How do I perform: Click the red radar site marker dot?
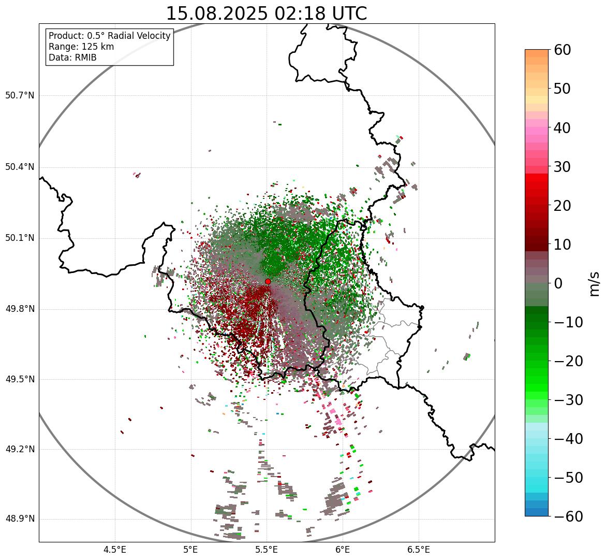pos(268,281)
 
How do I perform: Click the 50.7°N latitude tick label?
pos(20,96)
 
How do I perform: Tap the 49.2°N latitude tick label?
pos(20,449)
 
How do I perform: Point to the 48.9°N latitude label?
pos(20,519)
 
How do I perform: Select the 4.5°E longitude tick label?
pos(115,550)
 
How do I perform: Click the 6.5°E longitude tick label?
pos(419,550)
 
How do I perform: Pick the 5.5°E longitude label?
pos(267,550)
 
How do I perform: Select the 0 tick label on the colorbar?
pos(558,283)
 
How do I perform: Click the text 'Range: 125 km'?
pos(81,47)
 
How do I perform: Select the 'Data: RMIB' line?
pos(72,58)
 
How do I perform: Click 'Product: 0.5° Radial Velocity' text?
pos(109,36)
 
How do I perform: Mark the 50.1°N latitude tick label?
pos(20,238)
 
